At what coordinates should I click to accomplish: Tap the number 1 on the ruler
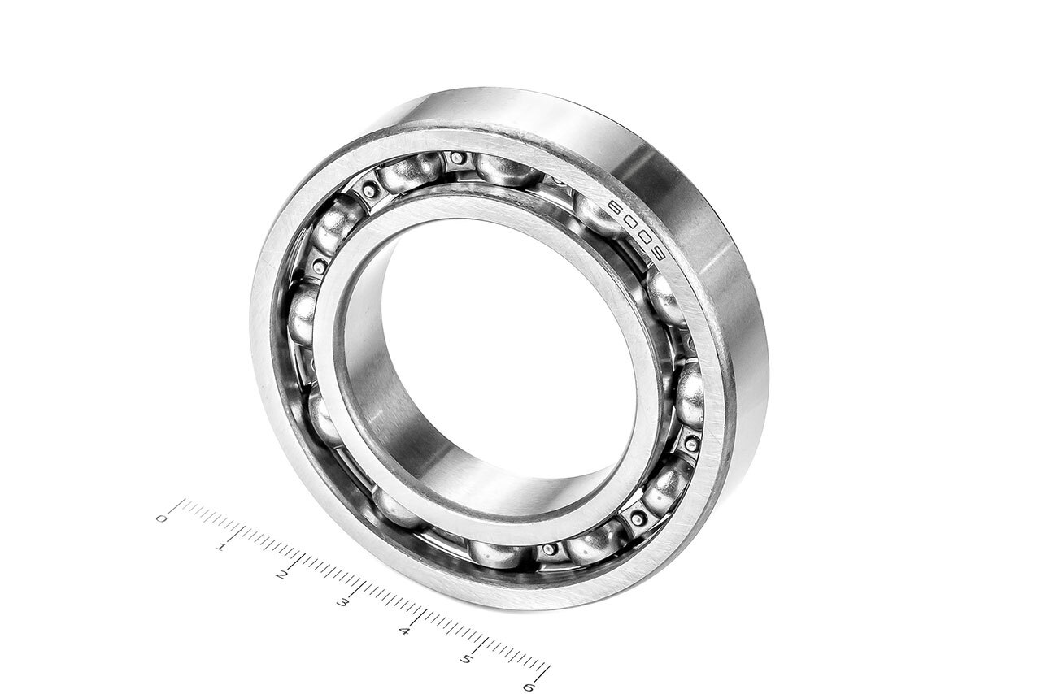(222, 546)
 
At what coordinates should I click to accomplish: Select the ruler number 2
(281, 575)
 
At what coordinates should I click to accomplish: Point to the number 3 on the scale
(342, 603)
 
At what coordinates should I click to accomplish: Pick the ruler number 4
(405, 631)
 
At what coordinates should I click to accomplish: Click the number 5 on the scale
(466, 659)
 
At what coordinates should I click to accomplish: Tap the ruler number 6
(528, 686)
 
